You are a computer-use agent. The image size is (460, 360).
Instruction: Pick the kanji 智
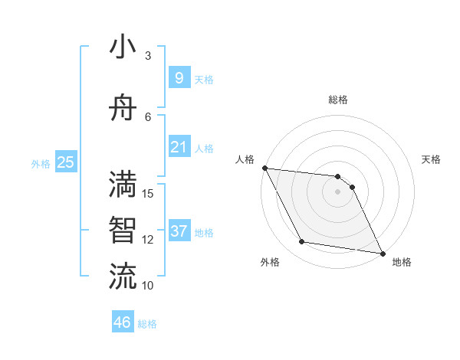pyautogui.click(x=123, y=230)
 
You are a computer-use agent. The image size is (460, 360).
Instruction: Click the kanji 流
pyautogui.click(x=123, y=275)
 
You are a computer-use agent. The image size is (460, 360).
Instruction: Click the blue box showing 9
pyautogui.click(x=179, y=77)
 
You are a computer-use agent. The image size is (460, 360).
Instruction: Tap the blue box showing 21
pyautogui.click(x=179, y=146)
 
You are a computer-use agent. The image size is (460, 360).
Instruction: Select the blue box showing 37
pyautogui.click(x=179, y=231)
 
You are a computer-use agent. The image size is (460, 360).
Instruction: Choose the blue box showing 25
pyautogui.click(x=65, y=162)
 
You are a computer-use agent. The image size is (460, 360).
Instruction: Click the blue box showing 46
pyautogui.click(x=123, y=322)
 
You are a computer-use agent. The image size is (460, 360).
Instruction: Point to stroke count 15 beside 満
pyautogui.click(x=149, y=193)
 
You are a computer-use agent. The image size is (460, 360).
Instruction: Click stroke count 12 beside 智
pyautogui.click(x=149, y=240)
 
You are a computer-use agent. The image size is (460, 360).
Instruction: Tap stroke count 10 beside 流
pyautogui.click(x=149, y=286)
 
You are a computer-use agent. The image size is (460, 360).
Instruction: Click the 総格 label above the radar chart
pyautogui.click(x=337, y=100)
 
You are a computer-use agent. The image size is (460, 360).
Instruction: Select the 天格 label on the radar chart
pyautogui.click(x=431, y=159)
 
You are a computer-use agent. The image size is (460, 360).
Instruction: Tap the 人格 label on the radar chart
pyautogui.click(x=245, y=159)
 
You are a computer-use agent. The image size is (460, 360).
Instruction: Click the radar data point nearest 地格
pyautogui.click(x=383, y=253)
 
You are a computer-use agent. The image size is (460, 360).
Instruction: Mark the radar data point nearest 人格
pyautogui.click(x=264, y=168)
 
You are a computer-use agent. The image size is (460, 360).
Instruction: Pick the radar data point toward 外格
pyautogui.click(x=301, y=242)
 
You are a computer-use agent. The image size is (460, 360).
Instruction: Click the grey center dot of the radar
pyautogui.click(x=337, y=191)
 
